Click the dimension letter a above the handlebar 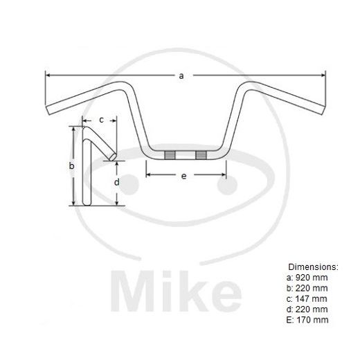(181, 76)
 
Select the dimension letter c (101, 120)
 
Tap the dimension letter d (116, 182)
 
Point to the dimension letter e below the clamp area (183, 177)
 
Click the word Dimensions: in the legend (312, 266)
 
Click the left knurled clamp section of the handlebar (168, 154)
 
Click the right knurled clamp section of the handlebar (201, 154)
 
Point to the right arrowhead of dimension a (322, 75)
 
